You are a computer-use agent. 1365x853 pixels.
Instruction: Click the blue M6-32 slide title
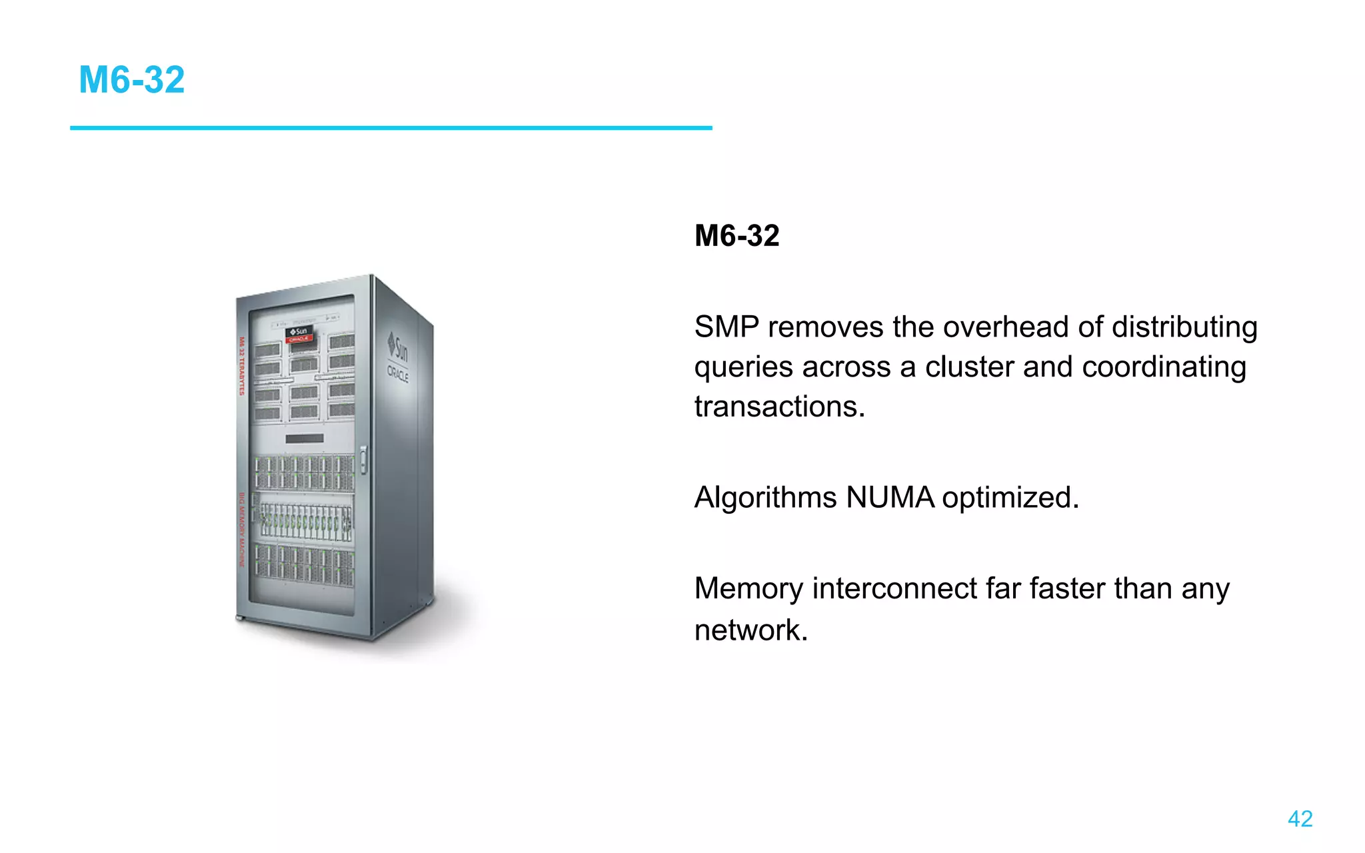131,80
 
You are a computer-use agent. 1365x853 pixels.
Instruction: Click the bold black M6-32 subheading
736,236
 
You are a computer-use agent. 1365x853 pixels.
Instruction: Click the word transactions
779,407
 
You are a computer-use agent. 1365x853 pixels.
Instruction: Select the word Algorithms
765,498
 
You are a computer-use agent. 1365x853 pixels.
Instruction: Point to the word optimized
1010,498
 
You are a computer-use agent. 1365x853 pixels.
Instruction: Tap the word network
750,630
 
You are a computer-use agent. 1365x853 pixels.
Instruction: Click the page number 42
1300,818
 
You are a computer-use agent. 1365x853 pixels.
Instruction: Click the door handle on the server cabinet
363,460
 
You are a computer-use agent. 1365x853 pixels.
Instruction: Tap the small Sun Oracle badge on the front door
299,335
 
